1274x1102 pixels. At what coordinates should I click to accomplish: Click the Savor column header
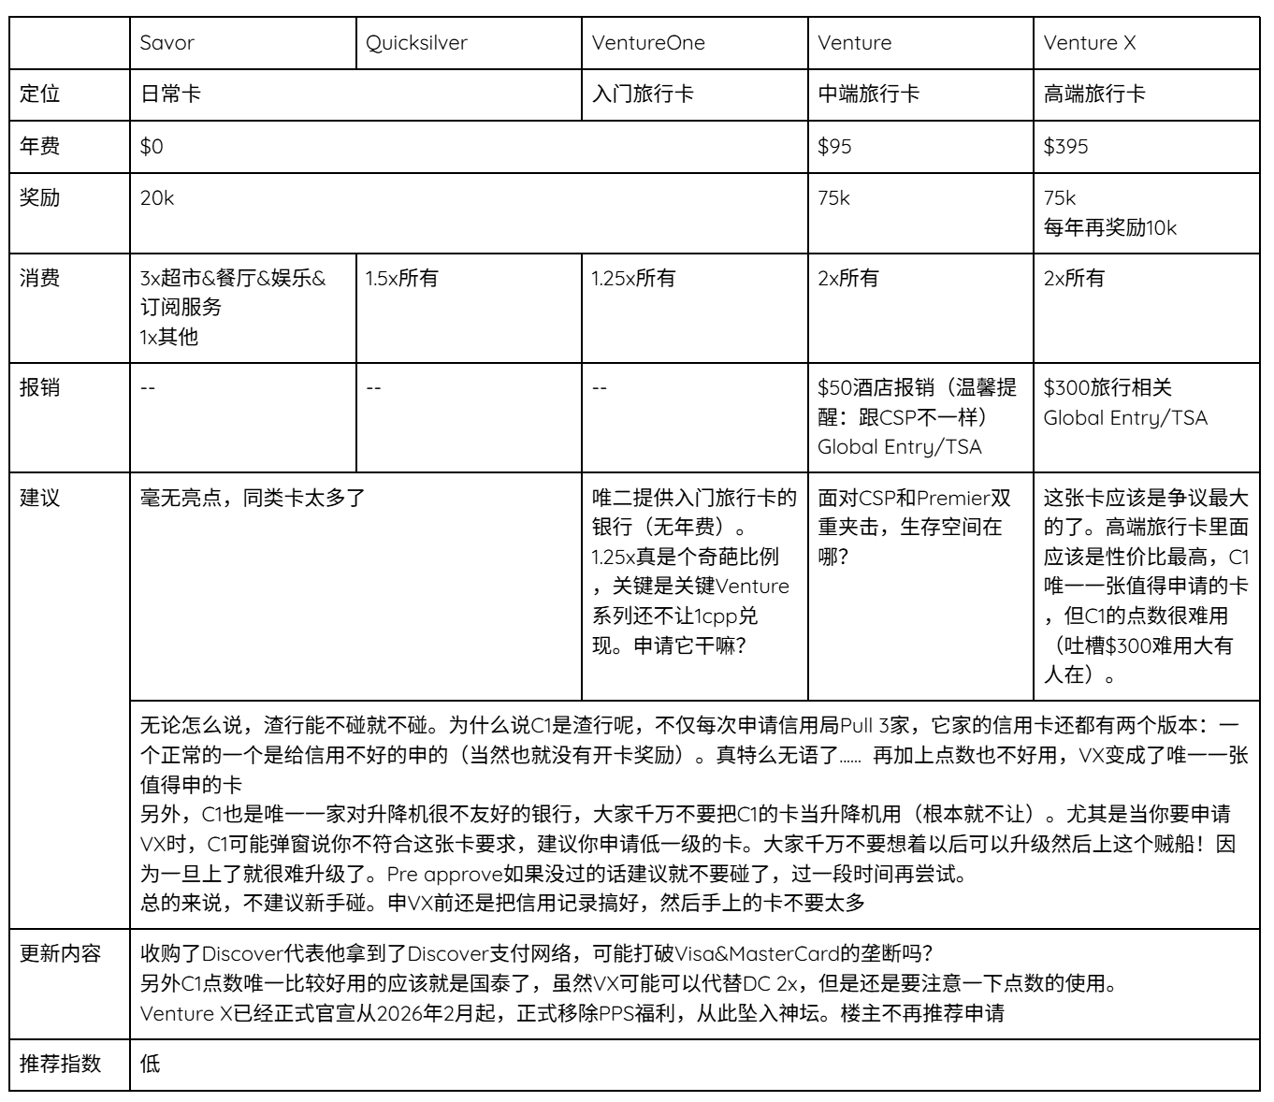(x=167, y=43)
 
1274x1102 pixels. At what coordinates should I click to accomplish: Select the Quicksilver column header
(x=416, y=43)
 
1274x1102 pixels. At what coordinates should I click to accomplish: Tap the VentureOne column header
(x=648, y=43)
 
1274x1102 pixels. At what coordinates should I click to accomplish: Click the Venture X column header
(x=1090, y=43)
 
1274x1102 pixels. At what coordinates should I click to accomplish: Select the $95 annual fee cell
(x=835, y=147)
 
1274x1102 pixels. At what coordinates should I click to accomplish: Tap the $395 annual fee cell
(x=1066, y=147)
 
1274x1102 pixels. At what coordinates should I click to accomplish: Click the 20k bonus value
(x=157, y=198)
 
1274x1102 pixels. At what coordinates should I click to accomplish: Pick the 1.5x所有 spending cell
(x=401, y=279)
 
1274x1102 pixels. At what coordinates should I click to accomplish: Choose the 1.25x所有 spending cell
(x=632, y=279)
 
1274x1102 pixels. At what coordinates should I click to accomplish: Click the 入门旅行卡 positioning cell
(x=643, y=94)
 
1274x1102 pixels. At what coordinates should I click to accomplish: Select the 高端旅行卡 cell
(x=1094, y=94)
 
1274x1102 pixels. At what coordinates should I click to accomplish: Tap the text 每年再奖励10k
(x=1110, y=227)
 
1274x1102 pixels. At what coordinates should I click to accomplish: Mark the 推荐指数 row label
(x=61, y=1064)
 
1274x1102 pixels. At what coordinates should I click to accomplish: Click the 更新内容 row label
(x=61, y=954)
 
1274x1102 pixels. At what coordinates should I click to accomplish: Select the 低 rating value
(x=150, y=1064)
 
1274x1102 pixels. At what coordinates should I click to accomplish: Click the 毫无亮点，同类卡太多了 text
(x=252, y=498)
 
